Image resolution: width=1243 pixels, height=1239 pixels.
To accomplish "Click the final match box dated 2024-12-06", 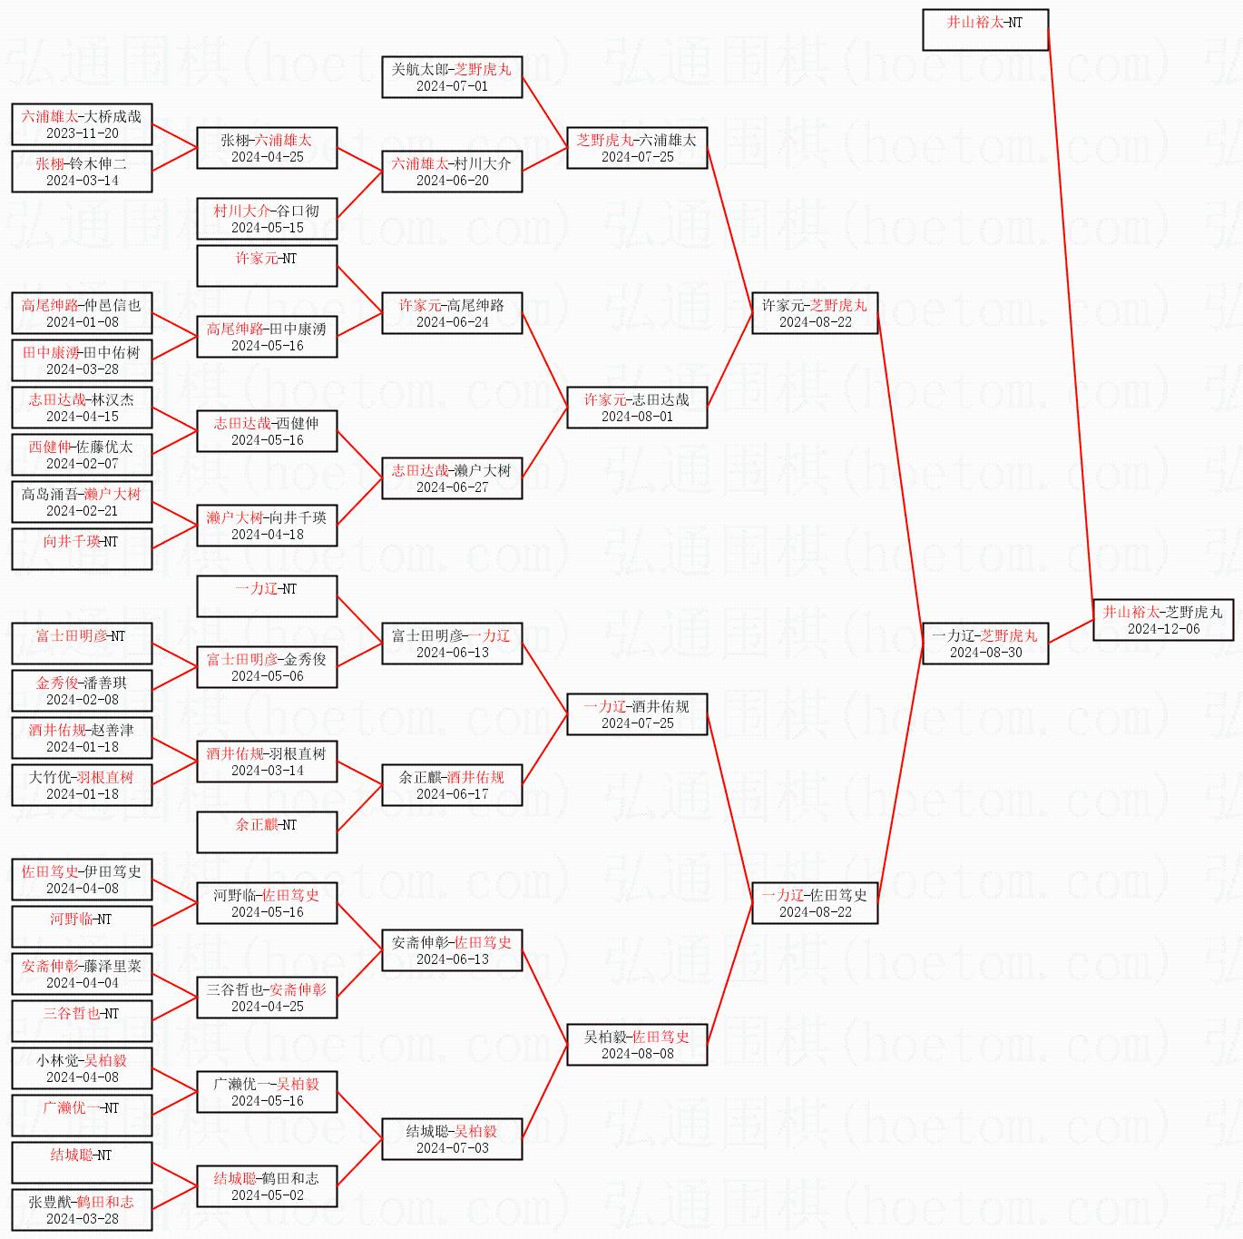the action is click(x=1163, y=620).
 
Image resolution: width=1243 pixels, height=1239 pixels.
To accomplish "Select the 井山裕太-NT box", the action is click(x=985, y=30).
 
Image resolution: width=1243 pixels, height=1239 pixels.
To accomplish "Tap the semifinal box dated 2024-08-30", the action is click(x=985, y=643).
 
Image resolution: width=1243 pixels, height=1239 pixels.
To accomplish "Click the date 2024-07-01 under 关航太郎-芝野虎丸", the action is click(x=452, y=86).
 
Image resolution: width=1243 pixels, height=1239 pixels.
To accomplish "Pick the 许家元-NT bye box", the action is click(x=267, y=265).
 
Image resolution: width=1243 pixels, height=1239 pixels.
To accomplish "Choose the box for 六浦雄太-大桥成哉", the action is click(x=82, y=124).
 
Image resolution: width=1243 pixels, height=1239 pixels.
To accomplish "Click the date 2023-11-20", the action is click(x=82, y=133).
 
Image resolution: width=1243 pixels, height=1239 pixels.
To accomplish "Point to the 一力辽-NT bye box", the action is click(x=267, y=596).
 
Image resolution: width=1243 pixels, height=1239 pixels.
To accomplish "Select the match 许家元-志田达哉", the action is click(x=637, y=407).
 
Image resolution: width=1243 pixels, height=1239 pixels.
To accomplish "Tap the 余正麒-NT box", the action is click(x=267, y=831).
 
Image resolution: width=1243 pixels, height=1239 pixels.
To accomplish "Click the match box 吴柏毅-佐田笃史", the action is click(x=637, y=1044).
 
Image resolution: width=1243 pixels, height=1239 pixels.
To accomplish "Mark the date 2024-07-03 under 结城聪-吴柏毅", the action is click(x=452, y=1147).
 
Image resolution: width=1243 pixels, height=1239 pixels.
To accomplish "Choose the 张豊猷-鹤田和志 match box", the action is click(x=82, y=1209).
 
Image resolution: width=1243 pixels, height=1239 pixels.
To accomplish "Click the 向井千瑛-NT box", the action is click(x=82, y=549).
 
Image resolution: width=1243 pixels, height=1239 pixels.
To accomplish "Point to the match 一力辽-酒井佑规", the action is click(x=637, y=714).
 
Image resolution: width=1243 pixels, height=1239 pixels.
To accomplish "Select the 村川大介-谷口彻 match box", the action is click(x=267, y=218).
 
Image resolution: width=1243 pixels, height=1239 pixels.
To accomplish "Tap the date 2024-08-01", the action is click(x=637, y=417).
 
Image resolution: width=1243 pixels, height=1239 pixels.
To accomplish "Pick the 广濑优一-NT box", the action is click(x=82, y=1115).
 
